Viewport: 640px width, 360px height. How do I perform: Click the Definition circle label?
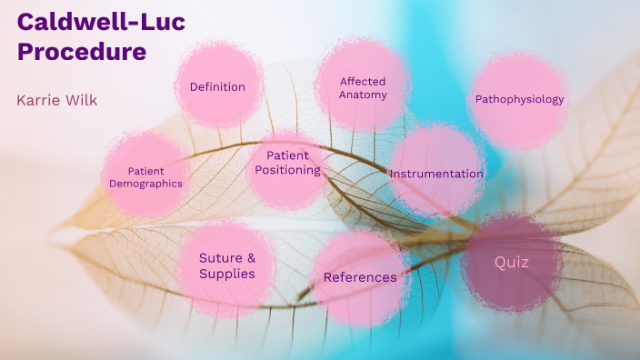click(x=217, y=87)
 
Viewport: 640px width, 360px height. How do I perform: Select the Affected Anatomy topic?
click(x=363, y=88)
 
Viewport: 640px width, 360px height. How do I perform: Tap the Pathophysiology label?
click(x=519, y=99)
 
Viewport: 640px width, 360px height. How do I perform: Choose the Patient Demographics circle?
click(x=145, y=176)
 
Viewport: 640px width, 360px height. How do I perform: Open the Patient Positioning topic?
click(x=287, y=163)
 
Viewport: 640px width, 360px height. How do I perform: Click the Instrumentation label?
click(x=436, y=174)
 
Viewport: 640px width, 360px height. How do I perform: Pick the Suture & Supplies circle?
click(x=226, y=265)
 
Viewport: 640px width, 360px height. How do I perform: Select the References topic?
click(x=360, y=277)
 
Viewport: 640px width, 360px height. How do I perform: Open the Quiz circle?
click(x=512, y=262)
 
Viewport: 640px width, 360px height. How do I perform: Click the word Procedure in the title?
click(x=82, y=52)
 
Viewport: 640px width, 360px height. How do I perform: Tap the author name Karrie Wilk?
click(x=56, y=100)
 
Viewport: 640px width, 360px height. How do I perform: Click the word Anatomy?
click(x=363, y=95)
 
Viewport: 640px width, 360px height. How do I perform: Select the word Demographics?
click(x=145, y=184)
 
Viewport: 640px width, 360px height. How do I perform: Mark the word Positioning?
click(x=287, y=170)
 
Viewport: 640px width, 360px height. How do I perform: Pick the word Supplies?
click(x=226, y=274)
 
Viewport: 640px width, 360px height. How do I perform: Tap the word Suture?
click(x=221, y=257)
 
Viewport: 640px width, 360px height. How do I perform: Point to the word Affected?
click(x=364, y=82)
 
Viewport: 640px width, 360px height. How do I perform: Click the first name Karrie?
click(x=38, y=100)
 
